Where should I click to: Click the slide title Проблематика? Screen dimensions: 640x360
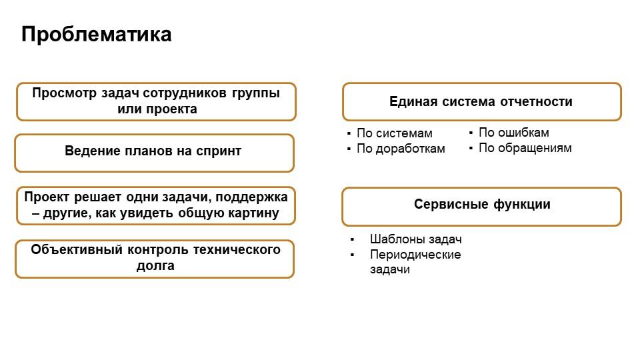pos(96,34)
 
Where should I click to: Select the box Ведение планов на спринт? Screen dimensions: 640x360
pos(154,153)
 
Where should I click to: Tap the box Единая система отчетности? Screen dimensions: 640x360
pos(482,101)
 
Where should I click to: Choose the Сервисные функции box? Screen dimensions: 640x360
pos(482,207)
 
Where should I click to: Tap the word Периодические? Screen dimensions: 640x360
pos(415,255)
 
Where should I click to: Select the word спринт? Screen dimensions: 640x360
pos(219,151)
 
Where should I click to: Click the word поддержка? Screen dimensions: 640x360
pos(251,197)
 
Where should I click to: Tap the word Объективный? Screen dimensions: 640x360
pos(77,249)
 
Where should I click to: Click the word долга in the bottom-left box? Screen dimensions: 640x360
pos(155,266)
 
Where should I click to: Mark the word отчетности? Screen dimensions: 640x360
pos(536,101)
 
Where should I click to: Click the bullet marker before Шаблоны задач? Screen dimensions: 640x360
pos(352,239)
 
